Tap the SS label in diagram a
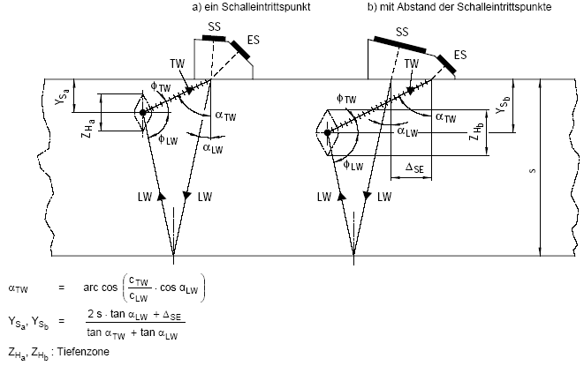214,28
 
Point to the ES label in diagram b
459,55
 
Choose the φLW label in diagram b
350,164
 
